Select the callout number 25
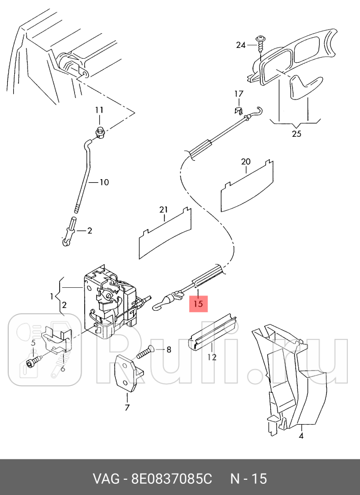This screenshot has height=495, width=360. click(x=296, y=134)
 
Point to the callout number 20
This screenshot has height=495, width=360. click(x=246, y=162)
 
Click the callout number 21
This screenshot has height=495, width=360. click(x=163, y=209)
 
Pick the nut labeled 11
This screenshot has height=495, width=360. click(x=100, y=134)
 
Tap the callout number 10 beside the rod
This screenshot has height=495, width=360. click(x=104, y=182)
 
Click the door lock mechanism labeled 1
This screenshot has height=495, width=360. click(x=110, y=304)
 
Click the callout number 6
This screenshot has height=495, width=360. click(x=63, y=369)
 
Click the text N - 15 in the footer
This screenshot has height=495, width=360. click(x=248, y=479)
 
